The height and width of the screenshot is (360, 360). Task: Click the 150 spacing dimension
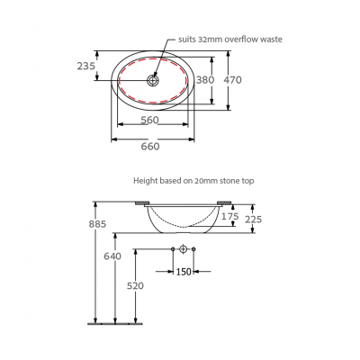tap(184, 270)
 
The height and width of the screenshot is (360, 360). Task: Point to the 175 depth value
tap(231, 217)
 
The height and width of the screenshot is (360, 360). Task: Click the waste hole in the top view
tap(152, 79)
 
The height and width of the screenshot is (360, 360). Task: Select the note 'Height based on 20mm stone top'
tap(193, 180)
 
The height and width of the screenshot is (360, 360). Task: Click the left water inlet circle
tap(172, 248)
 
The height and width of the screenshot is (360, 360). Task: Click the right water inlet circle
tap(195, 248)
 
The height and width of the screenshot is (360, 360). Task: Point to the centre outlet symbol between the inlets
tap(184, 248)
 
